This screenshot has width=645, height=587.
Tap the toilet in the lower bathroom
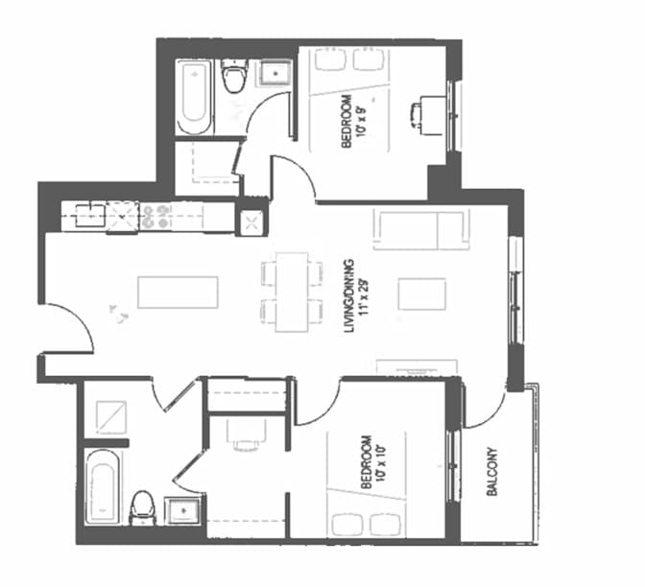pos(142,505)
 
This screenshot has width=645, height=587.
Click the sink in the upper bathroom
pos(278,73)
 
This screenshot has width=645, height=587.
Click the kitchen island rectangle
pos(178,292)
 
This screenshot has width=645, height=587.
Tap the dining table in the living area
pos(292,292)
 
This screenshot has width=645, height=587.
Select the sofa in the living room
pos(420,230)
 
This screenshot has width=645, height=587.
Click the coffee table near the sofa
pos(422,293)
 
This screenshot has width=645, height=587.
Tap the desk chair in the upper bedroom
pos(423,113)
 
